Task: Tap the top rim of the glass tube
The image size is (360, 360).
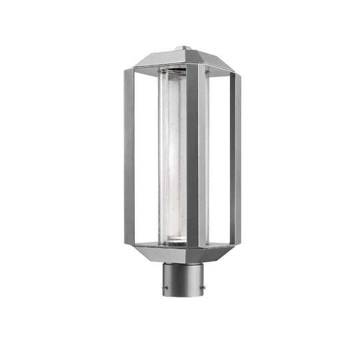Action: (172, 71)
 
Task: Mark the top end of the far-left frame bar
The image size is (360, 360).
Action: (129, 75)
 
